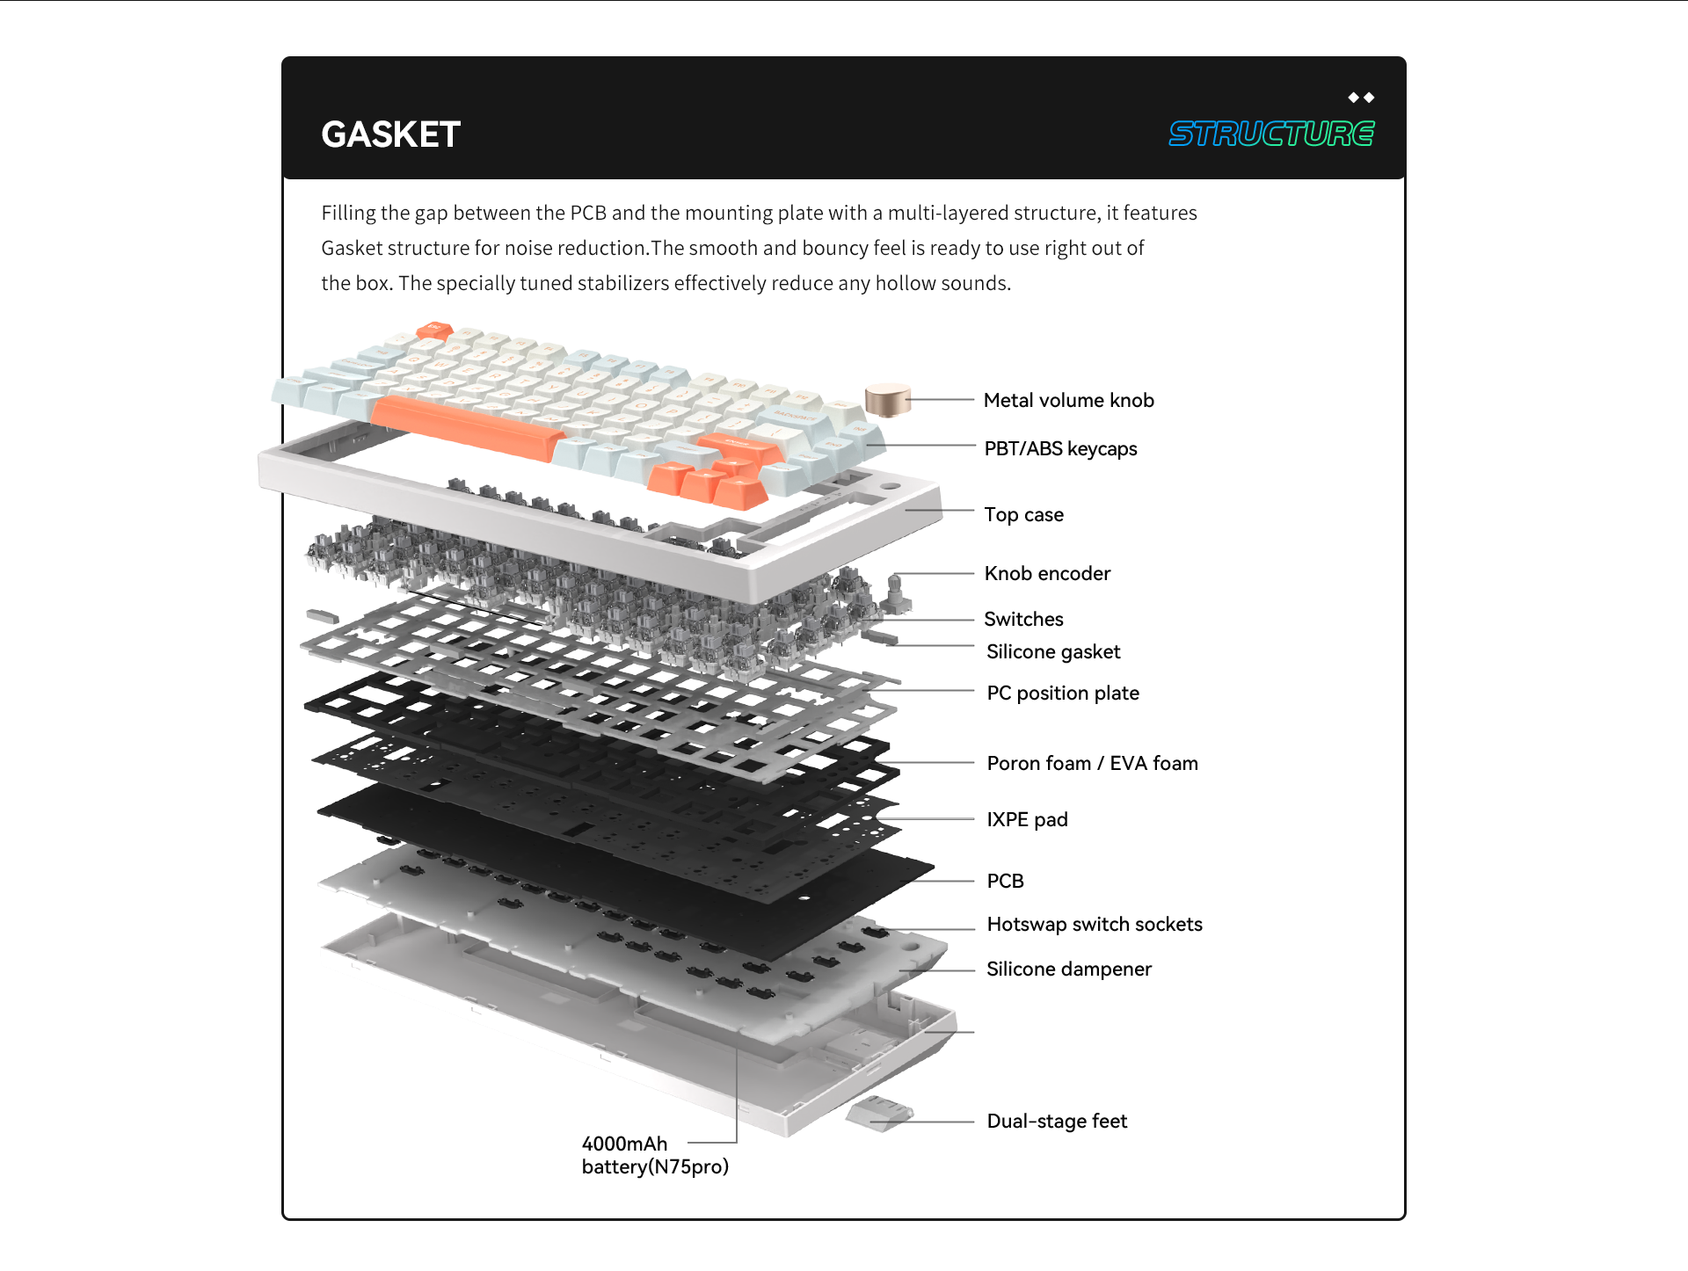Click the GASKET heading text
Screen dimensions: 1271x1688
coord(390,134)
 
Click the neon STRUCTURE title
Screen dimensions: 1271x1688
coord(1270,134)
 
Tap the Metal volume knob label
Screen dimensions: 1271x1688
coord(1068,401)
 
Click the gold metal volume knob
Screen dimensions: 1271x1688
coord(887,400)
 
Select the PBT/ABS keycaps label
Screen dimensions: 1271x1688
coord(1060,449)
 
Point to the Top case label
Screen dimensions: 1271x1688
coord(1023,515)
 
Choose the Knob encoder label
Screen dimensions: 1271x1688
coord(1047,574)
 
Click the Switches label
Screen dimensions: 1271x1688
coord(1023,620)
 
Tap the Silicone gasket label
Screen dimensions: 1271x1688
coord(1053,652)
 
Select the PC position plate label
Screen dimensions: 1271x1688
coord(1063,694)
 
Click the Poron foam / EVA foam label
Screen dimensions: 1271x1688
coord(1092,764)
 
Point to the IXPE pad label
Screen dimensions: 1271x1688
coord(1027,820)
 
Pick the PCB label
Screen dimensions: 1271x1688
coord(1005,882)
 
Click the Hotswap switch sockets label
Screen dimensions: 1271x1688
coord(1095,925)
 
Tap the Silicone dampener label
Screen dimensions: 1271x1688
coord(1068,970)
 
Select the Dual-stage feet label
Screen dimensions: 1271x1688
coord(1057,1122)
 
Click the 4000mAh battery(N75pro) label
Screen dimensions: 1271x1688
coord(655,1156)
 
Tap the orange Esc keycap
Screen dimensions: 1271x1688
coord(433,330)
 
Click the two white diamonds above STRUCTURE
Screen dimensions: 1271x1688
coord(1361,98)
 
